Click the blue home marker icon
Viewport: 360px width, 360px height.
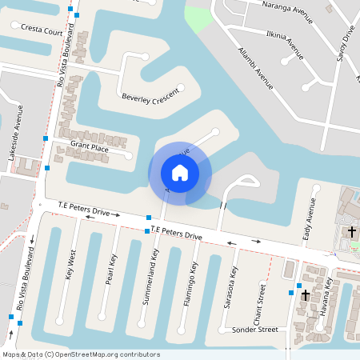click(x=180, y=172)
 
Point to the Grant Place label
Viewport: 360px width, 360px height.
click(x=89, y=146)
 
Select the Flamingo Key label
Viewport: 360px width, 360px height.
click(x=194, y=276)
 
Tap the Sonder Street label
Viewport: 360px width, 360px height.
click(x=254, y=330)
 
